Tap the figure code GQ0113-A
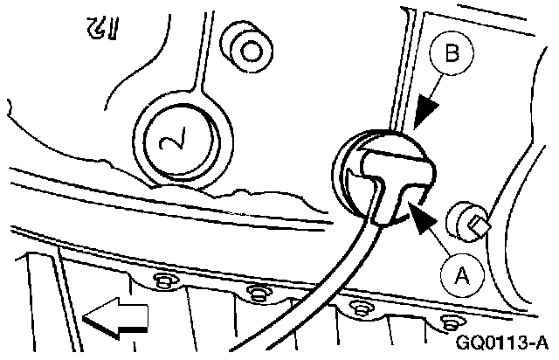point(504,339)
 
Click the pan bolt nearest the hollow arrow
point(162,280)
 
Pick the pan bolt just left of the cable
point(255,291)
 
